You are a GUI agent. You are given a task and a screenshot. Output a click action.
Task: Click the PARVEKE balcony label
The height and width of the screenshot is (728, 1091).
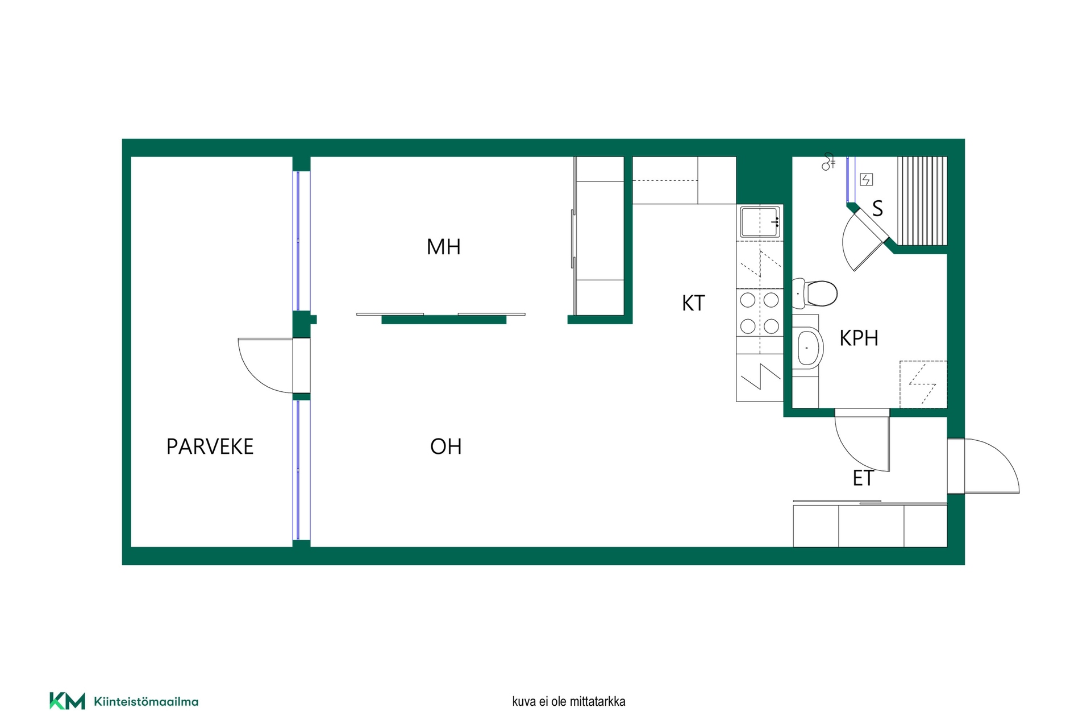tap(210, 446)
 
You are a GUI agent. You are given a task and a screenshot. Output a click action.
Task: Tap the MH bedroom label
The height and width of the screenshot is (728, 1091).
tap(443, 247)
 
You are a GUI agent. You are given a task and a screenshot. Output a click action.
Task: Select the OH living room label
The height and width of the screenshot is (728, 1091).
tap(445, 446)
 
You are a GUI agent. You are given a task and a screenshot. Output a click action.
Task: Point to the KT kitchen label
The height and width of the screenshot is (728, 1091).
tap(693, 303)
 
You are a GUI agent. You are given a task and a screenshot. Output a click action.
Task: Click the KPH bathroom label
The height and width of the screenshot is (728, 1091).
tap(859, 338)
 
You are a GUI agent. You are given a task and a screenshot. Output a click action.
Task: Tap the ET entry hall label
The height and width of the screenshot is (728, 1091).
tap(863, 478)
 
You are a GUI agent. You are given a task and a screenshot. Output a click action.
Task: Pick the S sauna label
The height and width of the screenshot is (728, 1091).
tap(877, 209)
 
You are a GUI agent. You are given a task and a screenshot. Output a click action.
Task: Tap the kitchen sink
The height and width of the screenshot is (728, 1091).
tap(760, 222)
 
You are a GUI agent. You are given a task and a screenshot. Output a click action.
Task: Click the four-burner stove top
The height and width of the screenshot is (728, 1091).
tap(760, 313)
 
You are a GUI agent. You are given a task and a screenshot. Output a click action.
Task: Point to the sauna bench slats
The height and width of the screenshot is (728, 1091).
tap(922, 201)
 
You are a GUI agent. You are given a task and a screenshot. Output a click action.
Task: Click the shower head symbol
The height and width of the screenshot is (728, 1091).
tap(828, 162)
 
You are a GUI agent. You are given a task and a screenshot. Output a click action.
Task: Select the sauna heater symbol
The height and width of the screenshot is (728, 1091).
tap(866, 180)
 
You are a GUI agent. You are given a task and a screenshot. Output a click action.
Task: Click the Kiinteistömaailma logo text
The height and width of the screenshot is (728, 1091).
tap(146, 702)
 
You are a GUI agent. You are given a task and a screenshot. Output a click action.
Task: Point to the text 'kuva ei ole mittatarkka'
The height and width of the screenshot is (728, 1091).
tap(568, 702)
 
